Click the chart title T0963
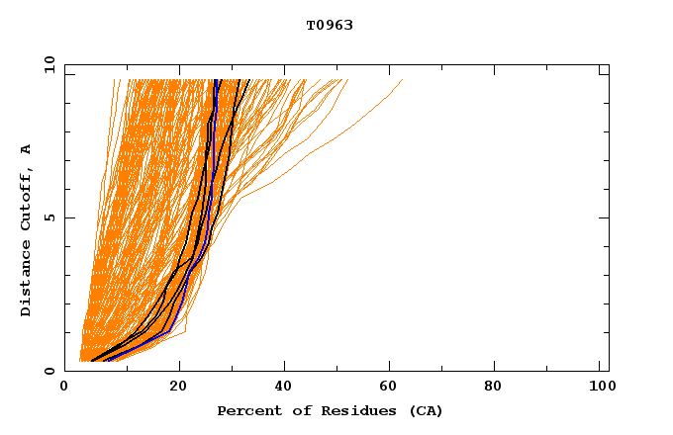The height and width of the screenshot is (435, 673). tap(330, 25)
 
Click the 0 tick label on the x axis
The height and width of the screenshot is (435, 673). tap(64, 388)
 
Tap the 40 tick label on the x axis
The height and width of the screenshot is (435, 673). tap(286, 388)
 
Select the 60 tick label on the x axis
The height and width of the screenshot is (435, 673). tap(393, 388)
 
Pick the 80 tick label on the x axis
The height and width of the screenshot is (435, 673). tap(500, 388)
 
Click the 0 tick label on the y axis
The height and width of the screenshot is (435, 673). tap(48, 371)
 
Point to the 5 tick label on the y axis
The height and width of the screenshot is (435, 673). tap(48, 217)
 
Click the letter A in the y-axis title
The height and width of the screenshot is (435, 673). tap(27, 149)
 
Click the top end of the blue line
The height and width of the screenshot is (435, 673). tap(216, 80)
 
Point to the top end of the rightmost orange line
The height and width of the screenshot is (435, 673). tap(403, 80)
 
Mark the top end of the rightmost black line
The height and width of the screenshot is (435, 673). tap(248, 80)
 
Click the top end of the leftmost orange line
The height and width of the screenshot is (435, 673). tap(114, 80)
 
